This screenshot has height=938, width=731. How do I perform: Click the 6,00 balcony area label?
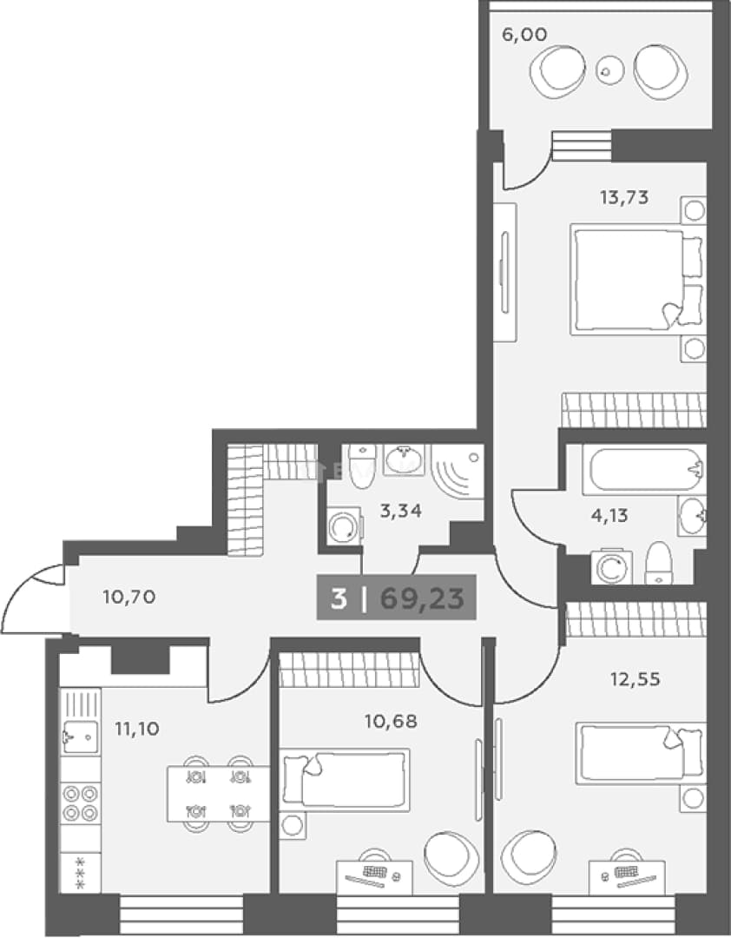[x=524, y=35]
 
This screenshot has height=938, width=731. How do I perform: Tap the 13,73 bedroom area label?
[x=624, y=197]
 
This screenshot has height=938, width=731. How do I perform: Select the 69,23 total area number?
[x=422, y=598]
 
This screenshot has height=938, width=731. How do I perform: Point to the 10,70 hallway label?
[x=129, y=597]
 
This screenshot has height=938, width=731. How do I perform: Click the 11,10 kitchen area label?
[x=137, y=729]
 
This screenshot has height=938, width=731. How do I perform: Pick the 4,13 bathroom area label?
[x=609, y=515]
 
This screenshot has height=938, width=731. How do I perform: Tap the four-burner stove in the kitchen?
[x=80, y=803]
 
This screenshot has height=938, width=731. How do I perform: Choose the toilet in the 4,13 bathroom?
[x=658, y=563]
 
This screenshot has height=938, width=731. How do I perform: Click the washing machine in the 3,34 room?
[x=345, y=526]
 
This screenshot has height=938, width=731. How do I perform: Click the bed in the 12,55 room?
[x=640, y=753]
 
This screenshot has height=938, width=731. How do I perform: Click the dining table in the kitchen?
[x=218, y=794]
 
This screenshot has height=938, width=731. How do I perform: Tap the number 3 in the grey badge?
[x=339, y=598]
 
